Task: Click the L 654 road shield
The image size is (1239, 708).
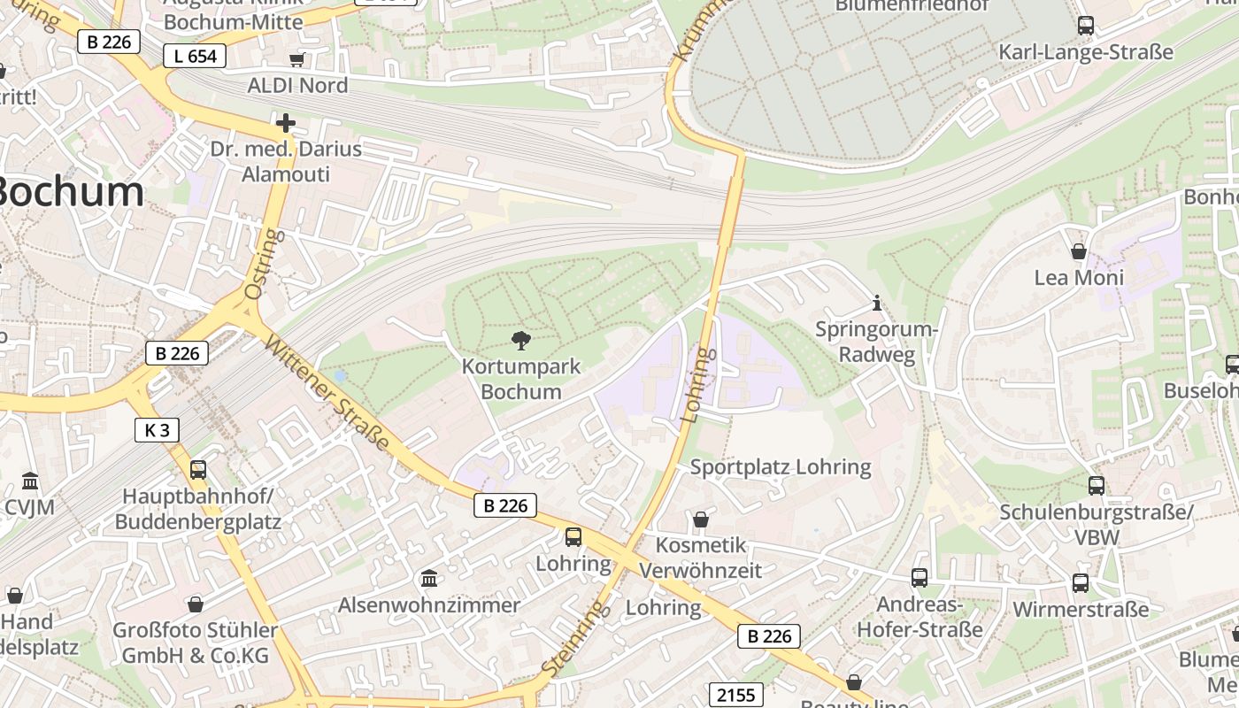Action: [195, 56]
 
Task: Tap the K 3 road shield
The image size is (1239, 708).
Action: [157, 430]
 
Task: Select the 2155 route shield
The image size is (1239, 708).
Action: [736, 695]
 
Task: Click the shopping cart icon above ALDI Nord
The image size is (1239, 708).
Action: [297, 59]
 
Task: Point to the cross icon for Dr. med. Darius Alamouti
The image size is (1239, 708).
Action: [285, 122]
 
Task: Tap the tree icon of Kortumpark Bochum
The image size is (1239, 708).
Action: [521, 340]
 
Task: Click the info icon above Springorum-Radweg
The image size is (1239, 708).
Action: [876, 303]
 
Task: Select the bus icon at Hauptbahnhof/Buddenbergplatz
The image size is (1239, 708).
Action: [198, 470]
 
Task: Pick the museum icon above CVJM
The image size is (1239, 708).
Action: [30, 481]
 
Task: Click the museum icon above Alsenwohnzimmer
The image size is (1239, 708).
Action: [429, 578]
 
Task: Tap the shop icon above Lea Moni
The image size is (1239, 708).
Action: [1079, 252]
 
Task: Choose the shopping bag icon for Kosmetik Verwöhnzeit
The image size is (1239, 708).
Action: [700, 519]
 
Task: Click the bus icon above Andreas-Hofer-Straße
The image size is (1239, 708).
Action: [920, 578]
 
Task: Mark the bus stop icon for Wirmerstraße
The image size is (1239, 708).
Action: [1081, 582]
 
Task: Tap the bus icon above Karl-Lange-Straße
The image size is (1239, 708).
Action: [1085, 26]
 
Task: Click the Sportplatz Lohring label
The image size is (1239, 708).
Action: [780, 466]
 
